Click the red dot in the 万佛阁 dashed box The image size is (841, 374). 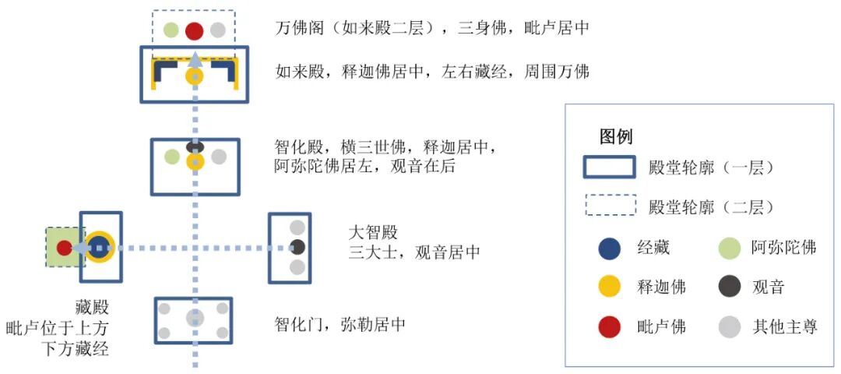tap(195, 31)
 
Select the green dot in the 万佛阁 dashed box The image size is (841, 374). tap(171, 31)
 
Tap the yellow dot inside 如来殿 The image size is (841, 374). tap(195, 77)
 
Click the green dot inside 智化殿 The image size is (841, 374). tap(172, 157)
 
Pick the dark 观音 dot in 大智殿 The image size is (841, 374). tap(297, 248)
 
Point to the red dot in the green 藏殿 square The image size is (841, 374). tap(64, 248)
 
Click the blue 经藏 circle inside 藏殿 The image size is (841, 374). tap(100, 248)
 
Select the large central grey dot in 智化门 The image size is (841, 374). tap(195, 318)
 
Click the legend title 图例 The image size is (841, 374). tap(615, 137)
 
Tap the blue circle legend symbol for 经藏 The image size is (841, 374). tap(609, 249)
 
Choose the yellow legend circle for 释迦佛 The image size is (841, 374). tap(609, 287)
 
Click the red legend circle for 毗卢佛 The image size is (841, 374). tap(609, 326)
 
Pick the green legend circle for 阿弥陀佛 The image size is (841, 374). tap(729, 249)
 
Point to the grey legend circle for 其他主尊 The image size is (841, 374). tap(729, 326)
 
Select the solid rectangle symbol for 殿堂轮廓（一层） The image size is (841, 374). tap(609, 168)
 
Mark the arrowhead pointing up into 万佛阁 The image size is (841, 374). tap(195, 56)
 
